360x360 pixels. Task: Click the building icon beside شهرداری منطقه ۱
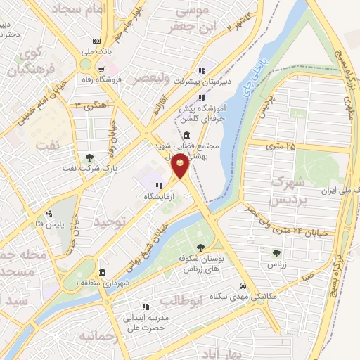[x=103, y=272]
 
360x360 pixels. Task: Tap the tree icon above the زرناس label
[x=276, y=253]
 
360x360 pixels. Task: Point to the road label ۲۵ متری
[x=281, y=145]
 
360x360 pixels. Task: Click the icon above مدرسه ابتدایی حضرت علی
[x=146, y=307]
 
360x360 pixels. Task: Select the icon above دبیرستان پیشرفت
[x=202, y=70]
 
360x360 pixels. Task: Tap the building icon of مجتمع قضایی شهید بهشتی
[x=186, y=136]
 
